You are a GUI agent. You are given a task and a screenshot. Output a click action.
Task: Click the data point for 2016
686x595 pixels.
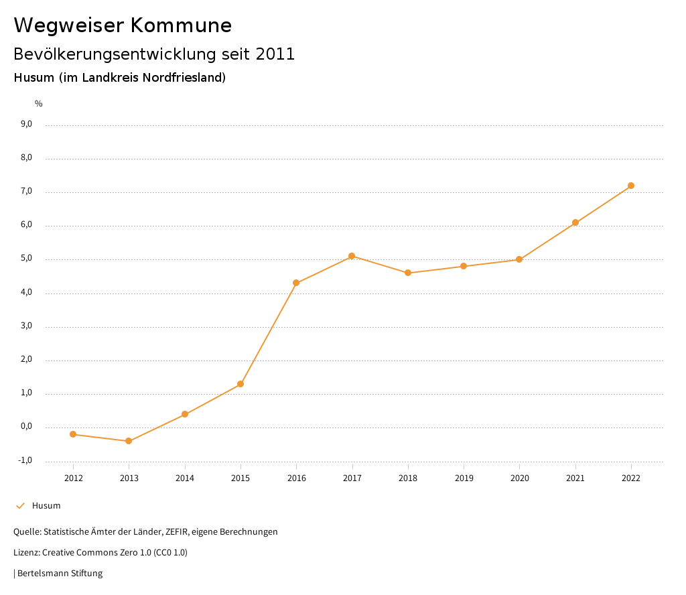pyautogui.click(x=296, y=283)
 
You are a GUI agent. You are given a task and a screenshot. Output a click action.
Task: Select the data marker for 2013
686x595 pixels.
pyautogui.click(x=129, y=441)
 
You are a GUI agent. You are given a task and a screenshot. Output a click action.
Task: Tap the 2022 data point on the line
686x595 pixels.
pyautogui.click(x=631, y=186)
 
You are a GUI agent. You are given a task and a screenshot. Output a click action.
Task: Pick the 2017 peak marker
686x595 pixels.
pyautogui.click(x=352, y=256)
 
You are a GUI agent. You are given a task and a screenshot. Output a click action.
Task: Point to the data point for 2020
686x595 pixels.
pyautogui.click(x=519, y=259)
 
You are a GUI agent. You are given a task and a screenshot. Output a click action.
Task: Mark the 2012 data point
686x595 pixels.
pyautogui.click(x=73, y=434)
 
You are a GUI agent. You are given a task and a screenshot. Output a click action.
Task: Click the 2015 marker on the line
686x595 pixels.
pyautogui.click(x=241, y=384)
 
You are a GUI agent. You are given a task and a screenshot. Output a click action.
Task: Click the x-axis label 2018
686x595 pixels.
pyautogui.click(x=408, y=478)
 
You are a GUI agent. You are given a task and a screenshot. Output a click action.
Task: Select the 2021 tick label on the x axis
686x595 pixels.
pyautogui.click(x=575, y=478)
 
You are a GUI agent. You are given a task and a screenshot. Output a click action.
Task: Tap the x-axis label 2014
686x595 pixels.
pyautogui.click(x=185, y=478)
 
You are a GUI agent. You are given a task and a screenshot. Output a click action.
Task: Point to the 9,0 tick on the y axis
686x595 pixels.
pyautogui.click(x=27, y=124)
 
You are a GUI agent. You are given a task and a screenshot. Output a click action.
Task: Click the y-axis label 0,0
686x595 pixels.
pyautogui.click(x=27, y=426)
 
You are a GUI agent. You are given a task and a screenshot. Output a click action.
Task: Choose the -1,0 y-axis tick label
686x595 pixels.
pyautogui.click(x=25, y=460)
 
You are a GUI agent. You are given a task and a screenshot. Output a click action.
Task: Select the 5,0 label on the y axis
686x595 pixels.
pyautogui.click(x=27, y=259)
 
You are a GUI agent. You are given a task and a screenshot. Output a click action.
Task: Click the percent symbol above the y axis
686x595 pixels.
pyautogui.click(x=39, y=104)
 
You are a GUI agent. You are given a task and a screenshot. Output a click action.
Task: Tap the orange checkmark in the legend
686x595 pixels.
pyautogui.click(x=20, y=505)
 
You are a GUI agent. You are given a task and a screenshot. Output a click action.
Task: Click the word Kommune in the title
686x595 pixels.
pyautogui.click(x=181, y=25)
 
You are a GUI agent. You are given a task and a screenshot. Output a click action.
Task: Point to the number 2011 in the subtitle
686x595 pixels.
pyautogui.click(x=275, y=54)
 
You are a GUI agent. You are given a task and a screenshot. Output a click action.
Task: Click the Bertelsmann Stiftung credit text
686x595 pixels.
pyautogui.click(x=60, y=574)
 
